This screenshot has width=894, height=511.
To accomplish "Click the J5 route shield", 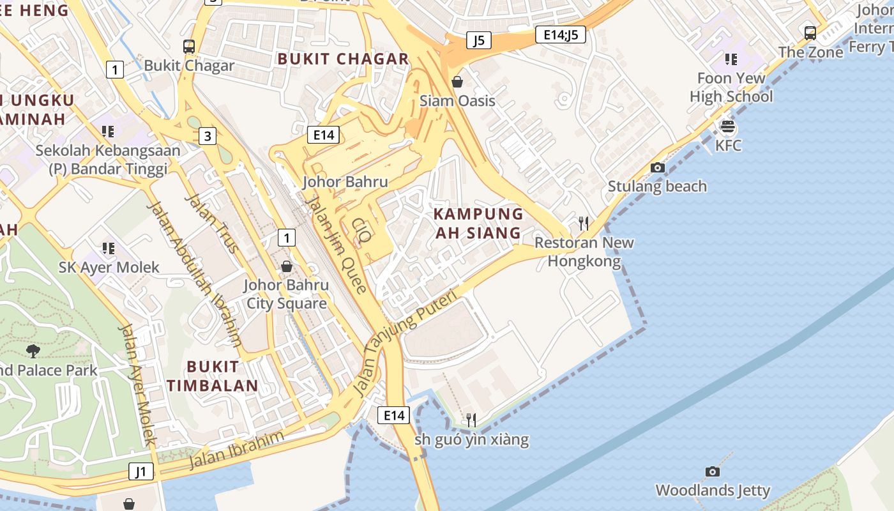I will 478,40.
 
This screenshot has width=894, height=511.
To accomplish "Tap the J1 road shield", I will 141,472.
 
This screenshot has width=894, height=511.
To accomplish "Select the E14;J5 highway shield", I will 561,34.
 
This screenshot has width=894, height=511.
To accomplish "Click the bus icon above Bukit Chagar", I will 189,47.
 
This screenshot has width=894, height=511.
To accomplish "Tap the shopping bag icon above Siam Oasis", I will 457,82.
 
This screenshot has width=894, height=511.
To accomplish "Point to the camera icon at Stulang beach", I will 657,167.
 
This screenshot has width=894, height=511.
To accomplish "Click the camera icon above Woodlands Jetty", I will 713,471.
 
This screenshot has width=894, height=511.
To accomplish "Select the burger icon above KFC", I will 727,126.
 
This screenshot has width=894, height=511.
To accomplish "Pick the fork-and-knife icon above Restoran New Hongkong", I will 584,223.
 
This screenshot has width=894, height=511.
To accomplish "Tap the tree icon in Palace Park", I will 33,350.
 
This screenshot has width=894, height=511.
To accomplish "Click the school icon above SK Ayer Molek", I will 108,248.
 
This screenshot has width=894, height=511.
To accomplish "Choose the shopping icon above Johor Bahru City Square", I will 287,266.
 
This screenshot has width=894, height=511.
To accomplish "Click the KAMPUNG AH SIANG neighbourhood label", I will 478,223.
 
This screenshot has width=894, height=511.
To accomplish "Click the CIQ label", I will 362,231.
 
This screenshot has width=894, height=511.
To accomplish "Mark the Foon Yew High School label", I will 731,88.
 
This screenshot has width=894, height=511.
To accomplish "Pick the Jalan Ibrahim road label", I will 236,450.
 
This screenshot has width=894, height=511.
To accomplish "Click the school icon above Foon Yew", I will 731,59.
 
